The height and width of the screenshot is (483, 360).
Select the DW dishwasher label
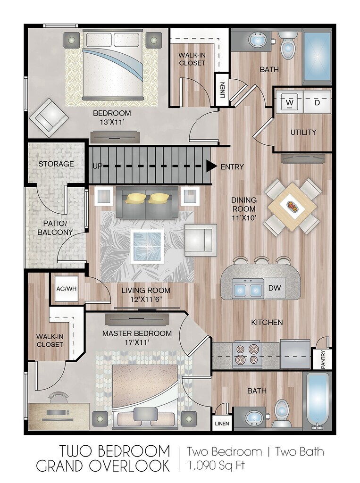click(275, 288)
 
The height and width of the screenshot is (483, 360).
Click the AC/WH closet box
click(66, 289)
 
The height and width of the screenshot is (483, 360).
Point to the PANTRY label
click(323, 359)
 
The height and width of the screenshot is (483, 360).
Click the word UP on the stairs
click(97, 166)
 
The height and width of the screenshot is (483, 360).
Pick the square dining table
click(291, 207)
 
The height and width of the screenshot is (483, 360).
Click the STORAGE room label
click(56, 164)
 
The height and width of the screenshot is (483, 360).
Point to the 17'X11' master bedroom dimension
click(137, 341)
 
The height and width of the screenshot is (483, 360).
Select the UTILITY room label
click(303, 132)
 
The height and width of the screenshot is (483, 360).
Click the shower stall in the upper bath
click(317, 57)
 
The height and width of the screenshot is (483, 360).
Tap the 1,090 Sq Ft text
click(216, 465)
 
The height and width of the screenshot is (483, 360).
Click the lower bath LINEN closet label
click(222, 424)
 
